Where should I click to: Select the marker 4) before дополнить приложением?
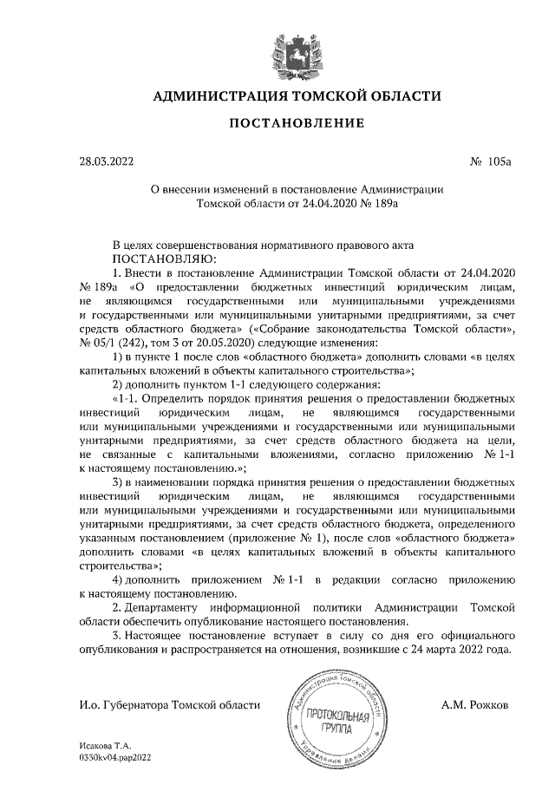(121, 579)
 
